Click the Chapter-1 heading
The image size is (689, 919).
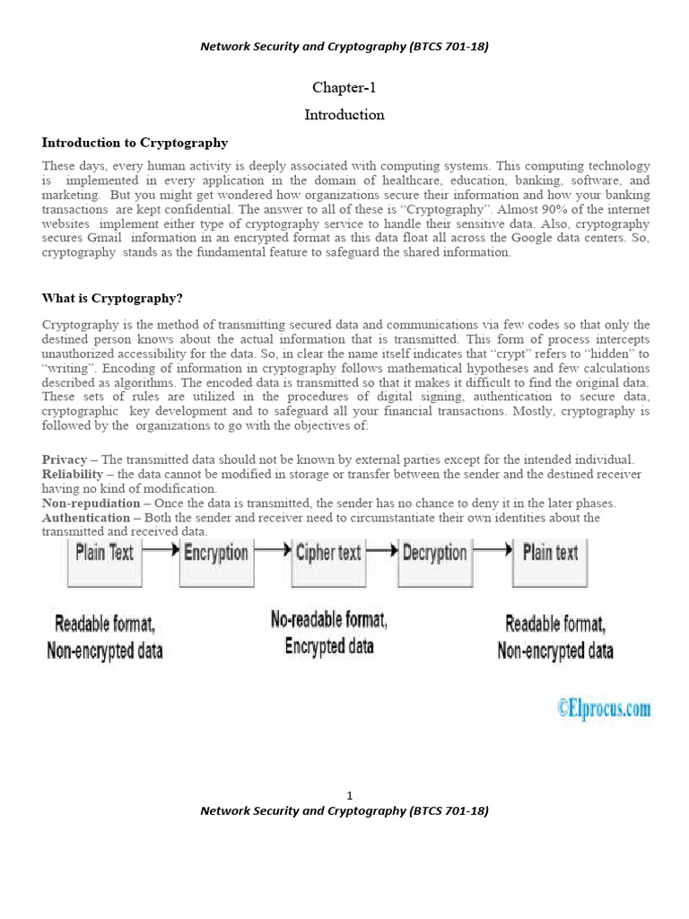[x=344, y=87]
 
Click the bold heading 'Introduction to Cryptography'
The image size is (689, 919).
[x=135, y=143]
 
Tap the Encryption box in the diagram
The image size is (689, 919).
[x=216, y=562]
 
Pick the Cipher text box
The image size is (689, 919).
[x=327, y=562]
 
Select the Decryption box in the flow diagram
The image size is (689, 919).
[x=434, y=562]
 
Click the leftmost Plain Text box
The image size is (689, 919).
[x=105, y=562]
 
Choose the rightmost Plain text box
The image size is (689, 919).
[x=550, y=562]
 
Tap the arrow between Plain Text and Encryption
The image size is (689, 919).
[x=161, y=551]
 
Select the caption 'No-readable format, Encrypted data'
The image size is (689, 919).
[x=329, y=633]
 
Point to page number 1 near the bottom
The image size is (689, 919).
[x=350, y=796]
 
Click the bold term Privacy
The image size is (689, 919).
[x=65, y=459]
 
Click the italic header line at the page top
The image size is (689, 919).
[x=344, y=47]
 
